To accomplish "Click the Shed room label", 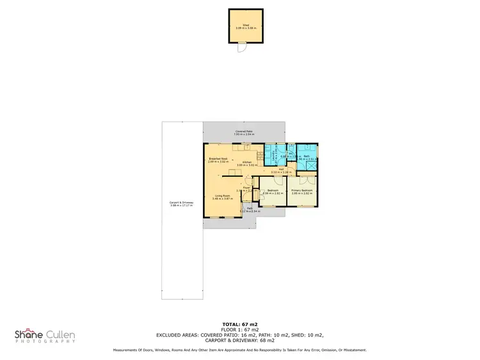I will tap(246, 26).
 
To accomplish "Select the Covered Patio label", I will tap(244, 131).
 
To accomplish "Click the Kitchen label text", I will tap(246, 162).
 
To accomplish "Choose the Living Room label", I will tap(221, 196).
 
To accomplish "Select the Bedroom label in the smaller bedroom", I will tap(272, 190).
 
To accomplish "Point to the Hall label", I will tap(281, 169).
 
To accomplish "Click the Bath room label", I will tap(307, 157).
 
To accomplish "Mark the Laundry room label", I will tap(274, 154).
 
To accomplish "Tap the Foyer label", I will tap(246, 188).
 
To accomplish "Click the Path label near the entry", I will tap(249, 208).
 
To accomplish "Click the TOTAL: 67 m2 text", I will tap(240, 325).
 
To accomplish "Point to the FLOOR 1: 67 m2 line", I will tap(240, 330).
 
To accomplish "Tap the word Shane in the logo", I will tap(29, 333).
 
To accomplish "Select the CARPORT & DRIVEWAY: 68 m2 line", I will tap(240, 340).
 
